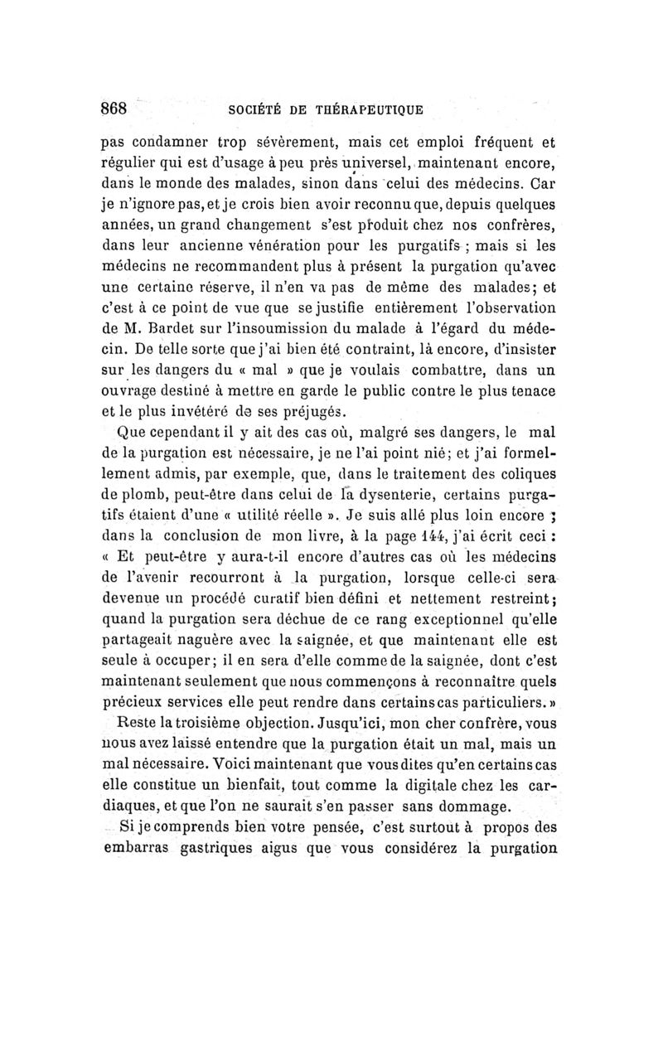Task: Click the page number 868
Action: point(114,108)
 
